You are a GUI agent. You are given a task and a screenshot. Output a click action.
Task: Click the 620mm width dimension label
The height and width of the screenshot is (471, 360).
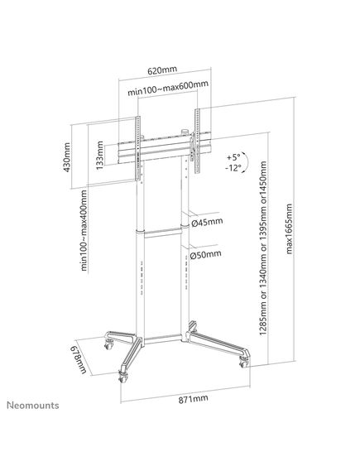pos(162,70)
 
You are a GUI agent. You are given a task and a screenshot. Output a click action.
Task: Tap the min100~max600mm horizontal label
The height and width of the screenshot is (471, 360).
pos(168,88)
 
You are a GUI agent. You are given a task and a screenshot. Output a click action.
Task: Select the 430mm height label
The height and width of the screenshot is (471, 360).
pos(67,157)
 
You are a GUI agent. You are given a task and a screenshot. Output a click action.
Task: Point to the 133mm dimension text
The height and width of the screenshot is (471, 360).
pos(99,155)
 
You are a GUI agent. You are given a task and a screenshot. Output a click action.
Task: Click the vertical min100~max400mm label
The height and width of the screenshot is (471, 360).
pos(84,230)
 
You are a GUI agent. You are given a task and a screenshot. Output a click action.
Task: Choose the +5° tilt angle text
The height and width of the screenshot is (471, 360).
pos(233,157)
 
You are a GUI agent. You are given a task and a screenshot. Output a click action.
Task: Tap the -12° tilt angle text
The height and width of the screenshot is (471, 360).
pos(233,168)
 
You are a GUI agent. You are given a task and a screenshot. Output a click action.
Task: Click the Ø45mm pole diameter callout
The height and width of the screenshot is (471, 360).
pos(207,223)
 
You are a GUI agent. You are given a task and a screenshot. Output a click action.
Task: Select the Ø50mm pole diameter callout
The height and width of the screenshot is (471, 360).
pos(206,255)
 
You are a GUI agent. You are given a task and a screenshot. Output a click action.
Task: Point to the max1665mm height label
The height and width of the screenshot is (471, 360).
pos(289,228)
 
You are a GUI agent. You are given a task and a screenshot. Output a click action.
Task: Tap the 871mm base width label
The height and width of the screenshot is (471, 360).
pos(194,399)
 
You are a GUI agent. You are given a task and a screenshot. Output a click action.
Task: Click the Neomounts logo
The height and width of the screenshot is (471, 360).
pos(33,406)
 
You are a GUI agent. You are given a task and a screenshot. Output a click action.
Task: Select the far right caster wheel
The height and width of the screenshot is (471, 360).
pos(244,363)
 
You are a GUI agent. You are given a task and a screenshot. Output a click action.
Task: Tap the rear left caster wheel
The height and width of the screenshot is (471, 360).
pos(108,344)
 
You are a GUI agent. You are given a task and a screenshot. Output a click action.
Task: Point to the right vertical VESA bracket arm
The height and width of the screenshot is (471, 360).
pos(197,141)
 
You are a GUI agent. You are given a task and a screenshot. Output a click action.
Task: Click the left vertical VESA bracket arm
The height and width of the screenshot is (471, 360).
pos(138,148)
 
